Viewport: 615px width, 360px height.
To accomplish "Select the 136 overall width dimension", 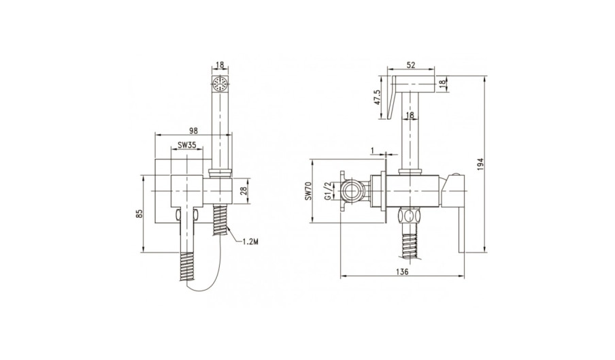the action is click(403, 272).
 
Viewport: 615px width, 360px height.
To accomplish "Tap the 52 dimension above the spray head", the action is click(411, 65).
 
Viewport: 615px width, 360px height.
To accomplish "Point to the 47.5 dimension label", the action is click(378, 97).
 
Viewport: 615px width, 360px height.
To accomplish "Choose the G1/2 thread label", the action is click(327, 191).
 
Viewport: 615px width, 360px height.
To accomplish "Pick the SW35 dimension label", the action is click(186, 145).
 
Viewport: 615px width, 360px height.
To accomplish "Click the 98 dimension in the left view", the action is click(193, 130).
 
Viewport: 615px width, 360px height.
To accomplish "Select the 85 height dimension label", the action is click(139, 214).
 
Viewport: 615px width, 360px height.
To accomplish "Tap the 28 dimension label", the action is click(244, 191).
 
